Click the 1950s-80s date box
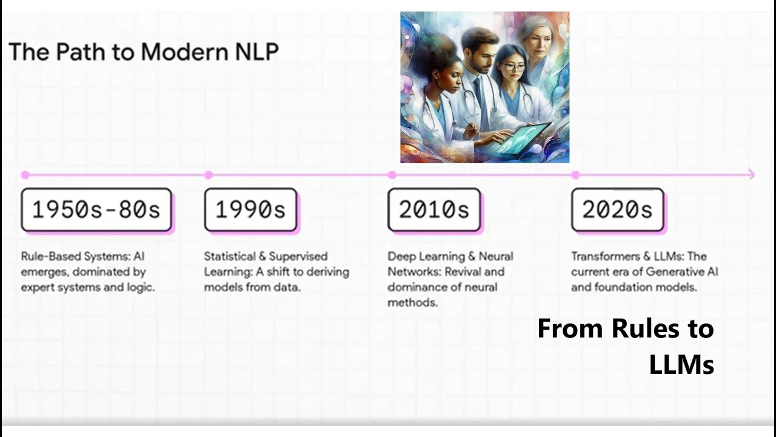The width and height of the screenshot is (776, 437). (96, 210)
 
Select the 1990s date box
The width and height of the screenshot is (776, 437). (250, 210)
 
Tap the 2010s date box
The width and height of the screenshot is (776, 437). (434, 210)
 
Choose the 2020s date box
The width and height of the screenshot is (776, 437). (618, 210)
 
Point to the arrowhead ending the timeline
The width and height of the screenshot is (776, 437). (752, 175)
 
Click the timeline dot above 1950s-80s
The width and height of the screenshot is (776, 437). (25, 175)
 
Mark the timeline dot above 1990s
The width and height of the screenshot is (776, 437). (209, 175)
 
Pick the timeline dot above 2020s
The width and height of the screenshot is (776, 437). (575, 175)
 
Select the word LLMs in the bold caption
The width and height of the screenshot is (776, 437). (681, 364)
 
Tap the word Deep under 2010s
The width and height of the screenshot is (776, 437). (400, 256)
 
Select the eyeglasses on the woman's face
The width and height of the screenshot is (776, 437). (513, 67)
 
